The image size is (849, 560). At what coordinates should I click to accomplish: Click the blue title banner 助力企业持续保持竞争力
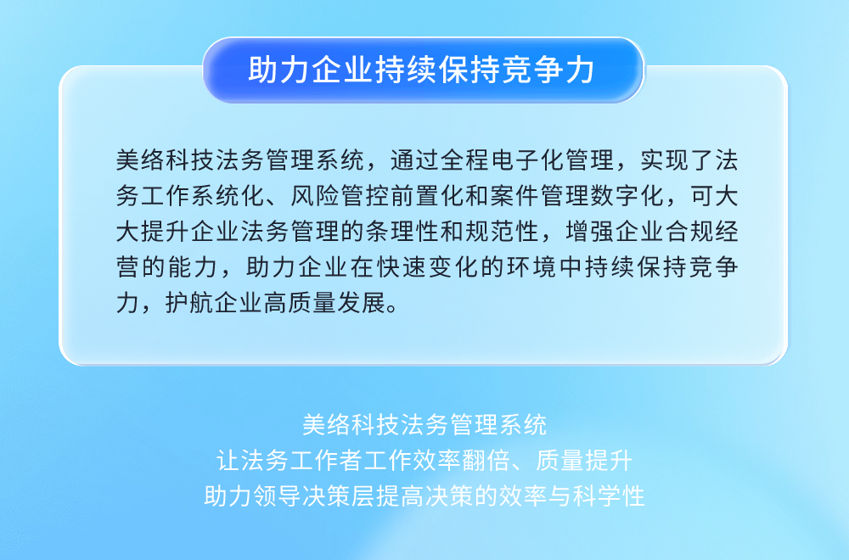tap(424, 70)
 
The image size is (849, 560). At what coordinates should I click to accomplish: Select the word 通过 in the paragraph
tap(415, 160)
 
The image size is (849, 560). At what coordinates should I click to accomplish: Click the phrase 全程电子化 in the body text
tap(502, 160)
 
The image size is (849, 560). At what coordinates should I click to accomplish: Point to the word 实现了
tap(677, 160)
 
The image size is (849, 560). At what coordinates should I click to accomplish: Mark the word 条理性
tap(402, 232)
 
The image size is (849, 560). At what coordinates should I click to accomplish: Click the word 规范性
tap(503, 232)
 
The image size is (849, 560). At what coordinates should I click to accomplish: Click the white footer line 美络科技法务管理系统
tap(424, 425)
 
